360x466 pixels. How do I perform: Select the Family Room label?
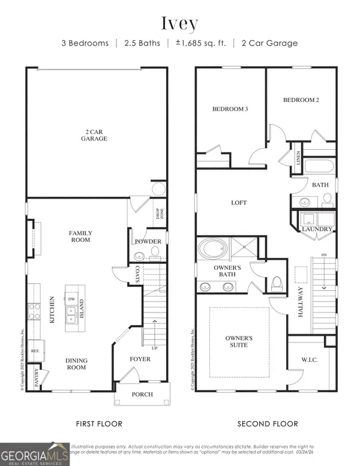tap(80, 236)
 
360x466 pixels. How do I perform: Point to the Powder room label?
tap(148, 242)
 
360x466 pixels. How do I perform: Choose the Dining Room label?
tap(77, 365)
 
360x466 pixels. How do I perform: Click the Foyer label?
tap(140, 359)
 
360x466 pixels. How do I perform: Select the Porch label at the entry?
tap(142, 394)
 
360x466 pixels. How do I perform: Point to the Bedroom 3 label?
tap(230, 109)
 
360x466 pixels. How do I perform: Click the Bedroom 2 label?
tap(301, 100)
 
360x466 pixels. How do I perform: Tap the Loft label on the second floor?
tap(239, 203)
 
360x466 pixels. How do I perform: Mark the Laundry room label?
tap(317, 229)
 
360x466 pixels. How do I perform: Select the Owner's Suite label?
tap(239, 342)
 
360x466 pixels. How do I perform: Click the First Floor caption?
tap(99, 424)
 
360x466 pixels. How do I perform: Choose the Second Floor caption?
tap(268, 424)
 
